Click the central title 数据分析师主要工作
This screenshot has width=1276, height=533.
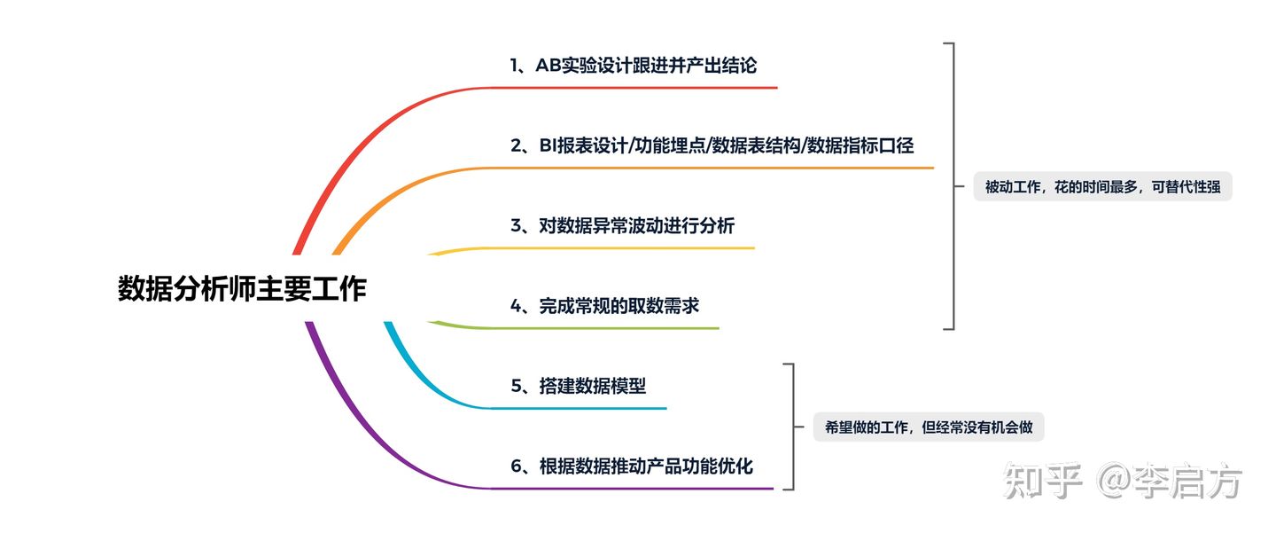(242, 289)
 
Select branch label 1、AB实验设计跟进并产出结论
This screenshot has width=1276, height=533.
(633, 65)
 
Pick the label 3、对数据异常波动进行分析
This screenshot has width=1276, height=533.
(622, 225)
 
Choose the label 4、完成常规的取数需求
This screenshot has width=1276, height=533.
(604, 306)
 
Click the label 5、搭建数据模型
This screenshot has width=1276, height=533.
(578, 386)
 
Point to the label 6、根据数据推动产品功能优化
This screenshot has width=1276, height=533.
(632, 466)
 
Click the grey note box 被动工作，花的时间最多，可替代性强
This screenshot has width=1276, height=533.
(1102, 187)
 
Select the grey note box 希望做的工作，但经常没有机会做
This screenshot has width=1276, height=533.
(929, 427)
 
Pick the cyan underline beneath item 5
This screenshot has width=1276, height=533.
(576, 408)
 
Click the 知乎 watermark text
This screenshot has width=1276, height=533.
(1042, 482)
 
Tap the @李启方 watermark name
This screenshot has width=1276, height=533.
(1170, 482)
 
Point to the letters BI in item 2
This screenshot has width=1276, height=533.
(547, 145)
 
